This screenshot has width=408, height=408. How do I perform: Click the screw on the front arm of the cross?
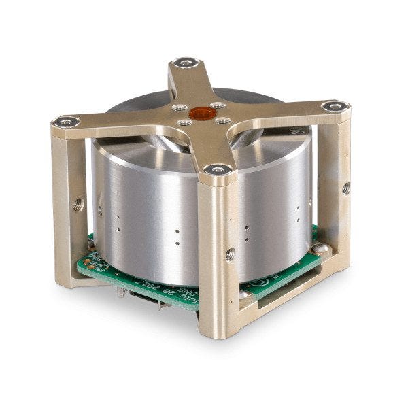pos(217,169)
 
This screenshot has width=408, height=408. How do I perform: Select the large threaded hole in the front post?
pos(230,252)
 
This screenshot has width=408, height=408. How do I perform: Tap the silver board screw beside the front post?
pos(243,294)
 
